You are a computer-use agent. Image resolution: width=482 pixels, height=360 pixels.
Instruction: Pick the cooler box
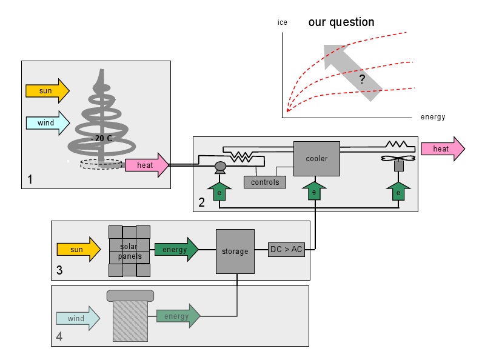point(316,159)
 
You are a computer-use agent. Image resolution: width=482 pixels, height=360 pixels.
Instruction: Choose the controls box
point(264,182)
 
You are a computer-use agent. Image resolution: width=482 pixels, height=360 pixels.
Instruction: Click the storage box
point(235,251)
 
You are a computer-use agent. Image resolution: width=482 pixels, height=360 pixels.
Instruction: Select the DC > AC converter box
point(286,249)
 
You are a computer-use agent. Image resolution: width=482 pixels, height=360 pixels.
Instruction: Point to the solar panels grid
point(129,251)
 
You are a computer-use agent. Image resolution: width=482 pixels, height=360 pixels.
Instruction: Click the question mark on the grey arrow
point(362,79)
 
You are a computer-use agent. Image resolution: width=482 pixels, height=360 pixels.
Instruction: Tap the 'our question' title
point(341,22)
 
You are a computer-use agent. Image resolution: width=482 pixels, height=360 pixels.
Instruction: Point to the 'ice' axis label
point(283,22)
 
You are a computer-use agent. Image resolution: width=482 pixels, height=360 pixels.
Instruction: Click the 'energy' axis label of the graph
point(433,117)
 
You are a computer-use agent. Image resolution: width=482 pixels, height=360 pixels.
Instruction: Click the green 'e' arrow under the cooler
point(314,191)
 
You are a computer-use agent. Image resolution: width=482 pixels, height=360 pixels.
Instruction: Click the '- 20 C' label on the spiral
point(101,138)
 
